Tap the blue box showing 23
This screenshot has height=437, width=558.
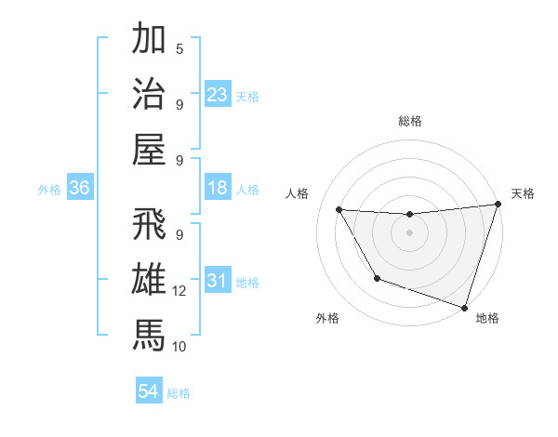point(218,94)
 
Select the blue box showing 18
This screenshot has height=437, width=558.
point(218,188)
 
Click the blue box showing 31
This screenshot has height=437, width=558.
point(218,282)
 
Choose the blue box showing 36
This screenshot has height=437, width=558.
point(80,188)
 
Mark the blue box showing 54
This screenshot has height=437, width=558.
point(149,391)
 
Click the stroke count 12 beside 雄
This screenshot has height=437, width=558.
point(179,291)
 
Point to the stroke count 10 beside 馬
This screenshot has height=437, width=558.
point(179,347)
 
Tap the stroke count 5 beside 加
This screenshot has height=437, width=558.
point(179,49)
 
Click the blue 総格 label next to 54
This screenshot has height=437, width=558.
point(179,393)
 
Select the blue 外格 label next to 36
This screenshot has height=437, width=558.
point(49,189)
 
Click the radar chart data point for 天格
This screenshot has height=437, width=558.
point(498,205)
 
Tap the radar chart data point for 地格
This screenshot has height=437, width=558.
point(464,306)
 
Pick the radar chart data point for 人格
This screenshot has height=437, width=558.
point(339,210)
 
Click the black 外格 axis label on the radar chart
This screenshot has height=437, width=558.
point(327,318)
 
